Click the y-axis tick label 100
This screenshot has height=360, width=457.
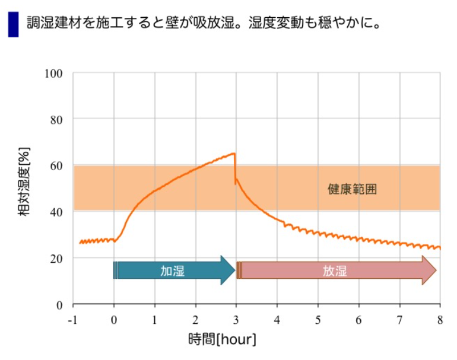54,74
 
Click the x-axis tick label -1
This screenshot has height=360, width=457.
73,320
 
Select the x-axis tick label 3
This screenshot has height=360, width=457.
236,320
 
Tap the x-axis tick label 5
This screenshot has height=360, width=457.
318,320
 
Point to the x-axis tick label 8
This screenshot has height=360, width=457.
440,320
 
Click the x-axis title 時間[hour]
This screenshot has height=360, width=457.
222,340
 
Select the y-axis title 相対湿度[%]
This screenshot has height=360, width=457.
25,189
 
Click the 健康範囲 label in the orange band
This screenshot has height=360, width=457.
353,190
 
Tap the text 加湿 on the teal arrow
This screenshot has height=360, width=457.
172,270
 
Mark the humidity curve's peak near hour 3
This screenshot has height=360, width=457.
234,154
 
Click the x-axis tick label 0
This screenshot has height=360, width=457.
114,320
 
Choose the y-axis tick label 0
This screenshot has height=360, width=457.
59,305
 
